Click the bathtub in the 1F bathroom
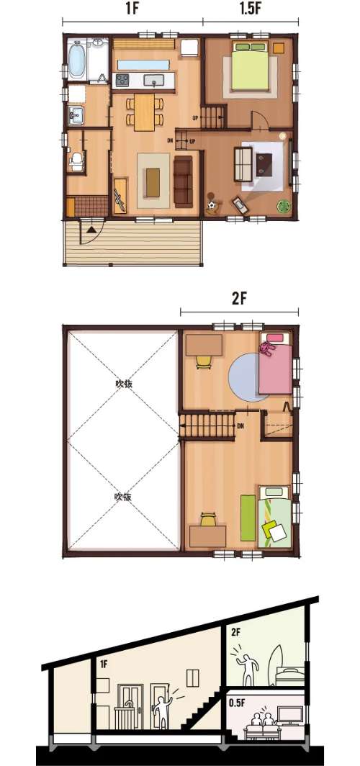[x=78, y=60]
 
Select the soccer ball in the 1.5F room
[x=211, y=206]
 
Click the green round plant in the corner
[x=283, y=205]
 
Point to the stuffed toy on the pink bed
[x=266, y=348]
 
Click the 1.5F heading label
[x=250, y=9]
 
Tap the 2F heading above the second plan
[x=238, y=299]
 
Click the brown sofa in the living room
[x=184, y=180]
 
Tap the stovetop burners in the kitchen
[x=122, y=80]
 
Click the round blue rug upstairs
[x=248, y=377]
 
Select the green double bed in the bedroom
[x=251, y=66]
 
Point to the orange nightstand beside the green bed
[x=279, y=48]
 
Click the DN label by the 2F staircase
[x=240, y=425]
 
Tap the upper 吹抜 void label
[x=123, y=384]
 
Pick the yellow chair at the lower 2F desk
[x=207, y=520]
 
